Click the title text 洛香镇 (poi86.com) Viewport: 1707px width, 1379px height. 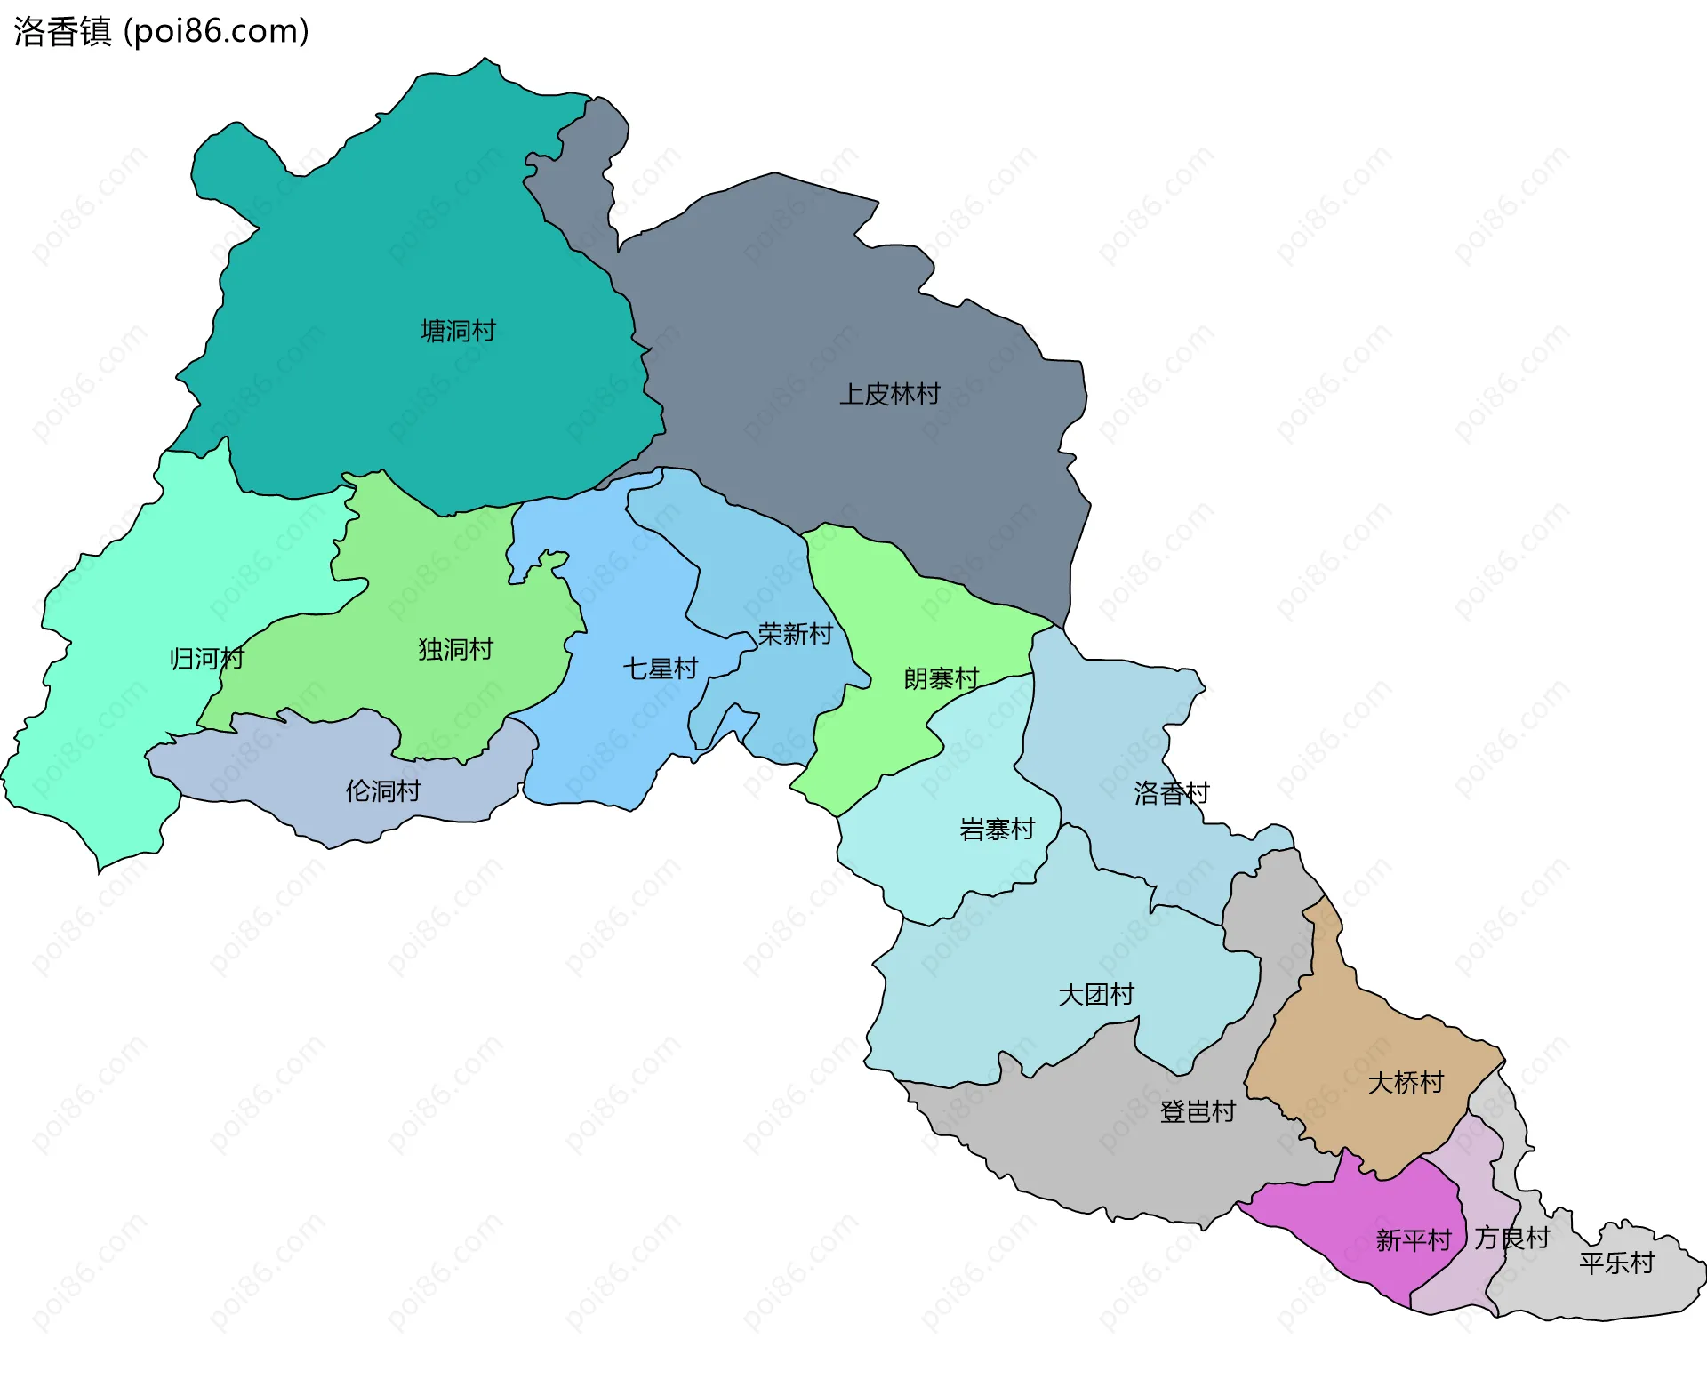[x=161, y=31]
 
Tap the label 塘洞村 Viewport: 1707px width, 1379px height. [x=458, y=331]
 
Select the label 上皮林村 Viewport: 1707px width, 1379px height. [x=889, y=394]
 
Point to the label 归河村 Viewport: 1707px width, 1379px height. [x=206, y=659]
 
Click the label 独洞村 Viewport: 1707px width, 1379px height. [x=455, y=649]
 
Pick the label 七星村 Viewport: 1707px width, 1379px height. [x=660, y=669]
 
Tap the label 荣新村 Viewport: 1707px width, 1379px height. [x=795, y=634]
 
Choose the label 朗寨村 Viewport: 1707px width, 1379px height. [x=941, y=678]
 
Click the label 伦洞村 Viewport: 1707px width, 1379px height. [x=382, y=790]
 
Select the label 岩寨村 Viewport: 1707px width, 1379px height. [x=997, y=830]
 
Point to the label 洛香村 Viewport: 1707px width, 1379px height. [x=1171, y=793]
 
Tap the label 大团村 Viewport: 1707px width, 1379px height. [x=1095, y=994]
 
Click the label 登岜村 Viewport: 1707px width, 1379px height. [x=1197, y=1111]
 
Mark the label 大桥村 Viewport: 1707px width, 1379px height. [x=1405, y=1082]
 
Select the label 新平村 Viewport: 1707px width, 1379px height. [x=1413, y=1239]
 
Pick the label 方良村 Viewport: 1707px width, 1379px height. [x=1511, y=1238]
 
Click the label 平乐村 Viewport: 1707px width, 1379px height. [x=1615, y=1263]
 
